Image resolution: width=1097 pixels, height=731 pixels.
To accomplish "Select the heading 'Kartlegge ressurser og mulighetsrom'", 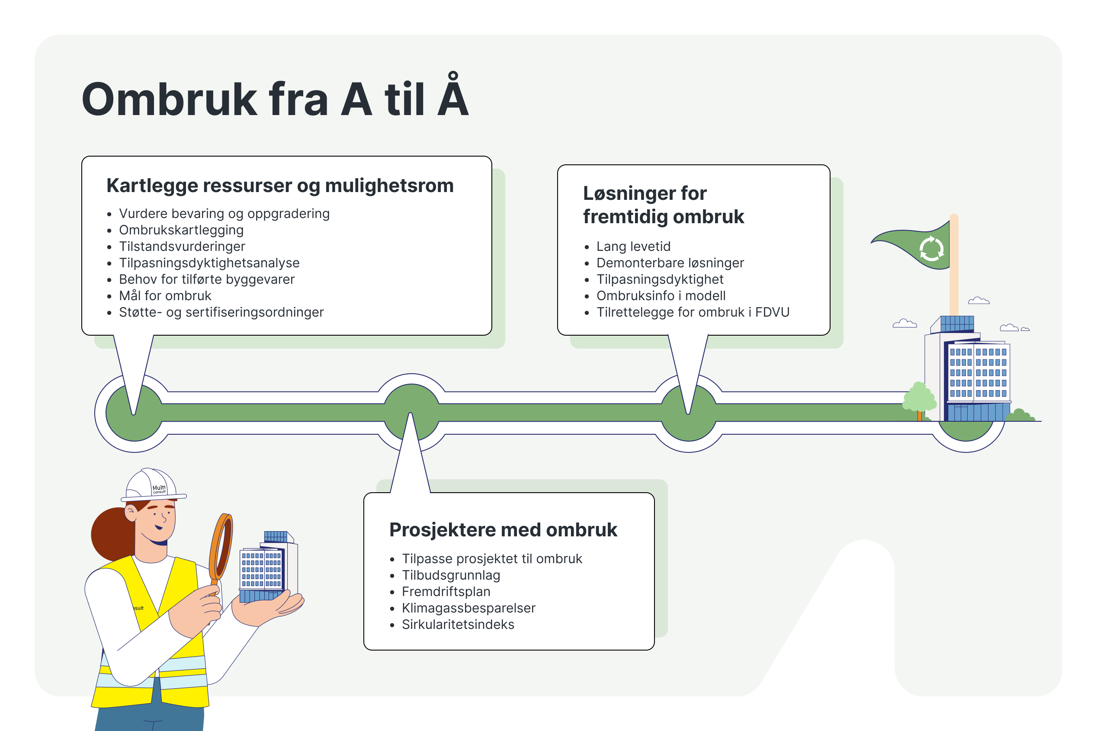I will pos(280,186).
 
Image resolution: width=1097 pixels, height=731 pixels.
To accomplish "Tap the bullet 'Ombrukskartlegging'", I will pos(181,230).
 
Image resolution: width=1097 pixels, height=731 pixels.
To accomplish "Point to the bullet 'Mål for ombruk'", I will pos(165,295).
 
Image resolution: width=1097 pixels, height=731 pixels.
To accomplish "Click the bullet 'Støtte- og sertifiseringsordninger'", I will pos(221,312).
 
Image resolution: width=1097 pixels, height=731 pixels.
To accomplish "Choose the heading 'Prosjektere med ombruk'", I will pos(503,529).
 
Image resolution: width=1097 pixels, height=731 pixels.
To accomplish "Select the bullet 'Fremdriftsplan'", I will pos(446,591).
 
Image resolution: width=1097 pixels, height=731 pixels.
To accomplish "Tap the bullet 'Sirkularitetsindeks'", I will pos(458,624).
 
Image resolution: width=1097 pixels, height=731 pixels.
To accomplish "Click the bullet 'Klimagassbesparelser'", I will pos(468,608).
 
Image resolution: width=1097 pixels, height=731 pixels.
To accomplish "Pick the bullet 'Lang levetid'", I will pos(633,246).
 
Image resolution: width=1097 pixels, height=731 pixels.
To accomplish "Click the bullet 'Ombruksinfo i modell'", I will pos(661,295).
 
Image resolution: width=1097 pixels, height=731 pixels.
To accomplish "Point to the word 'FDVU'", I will pos(772,312).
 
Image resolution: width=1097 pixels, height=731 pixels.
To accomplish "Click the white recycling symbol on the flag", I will pos(931,248).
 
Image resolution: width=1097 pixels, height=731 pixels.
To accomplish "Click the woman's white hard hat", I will pos(151,485).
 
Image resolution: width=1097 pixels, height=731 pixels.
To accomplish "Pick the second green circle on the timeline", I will pos(411,412).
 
